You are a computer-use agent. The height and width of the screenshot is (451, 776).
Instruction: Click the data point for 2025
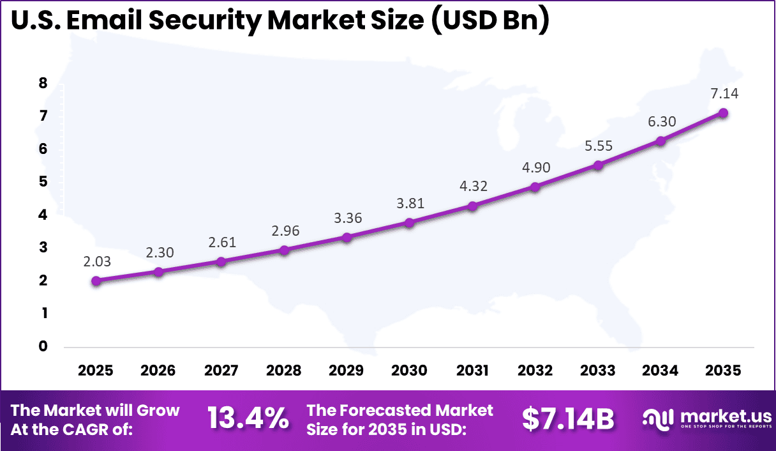tap(96, 280)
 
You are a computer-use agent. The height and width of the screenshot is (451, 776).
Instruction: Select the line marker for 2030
tap(410, 222)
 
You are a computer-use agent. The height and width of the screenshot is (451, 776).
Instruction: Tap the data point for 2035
tap(723, 113)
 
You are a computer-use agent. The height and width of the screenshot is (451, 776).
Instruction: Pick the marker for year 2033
tap(598, 165)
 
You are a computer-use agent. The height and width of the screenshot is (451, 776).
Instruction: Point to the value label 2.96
tap(284, 231)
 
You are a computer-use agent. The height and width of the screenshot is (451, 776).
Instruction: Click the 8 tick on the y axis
tap(43, 83)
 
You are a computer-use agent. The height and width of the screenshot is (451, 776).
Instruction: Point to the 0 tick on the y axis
tap(43, 346)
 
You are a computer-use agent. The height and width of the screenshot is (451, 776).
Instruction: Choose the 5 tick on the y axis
tap(43, 182)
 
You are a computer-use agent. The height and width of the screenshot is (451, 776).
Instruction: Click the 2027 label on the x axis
tap(221, 371)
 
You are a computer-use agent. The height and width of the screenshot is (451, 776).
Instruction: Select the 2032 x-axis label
tap(535, 371)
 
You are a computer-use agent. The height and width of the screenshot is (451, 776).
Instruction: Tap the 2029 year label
tap(347, 371)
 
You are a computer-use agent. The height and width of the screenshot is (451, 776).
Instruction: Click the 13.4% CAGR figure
tap(248, 420)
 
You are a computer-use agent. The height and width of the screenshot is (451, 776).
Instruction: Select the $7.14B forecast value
tap(568, 420)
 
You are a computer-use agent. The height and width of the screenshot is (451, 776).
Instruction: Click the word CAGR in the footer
tap(109, 429)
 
